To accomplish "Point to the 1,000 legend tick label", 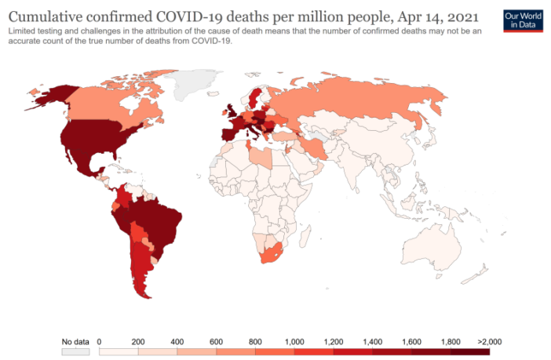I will (x=294, y=342).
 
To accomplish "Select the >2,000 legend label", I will (x=488, y=342).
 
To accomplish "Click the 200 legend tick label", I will (x=138, y=342).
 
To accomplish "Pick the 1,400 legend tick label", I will (x=372, y=342).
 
